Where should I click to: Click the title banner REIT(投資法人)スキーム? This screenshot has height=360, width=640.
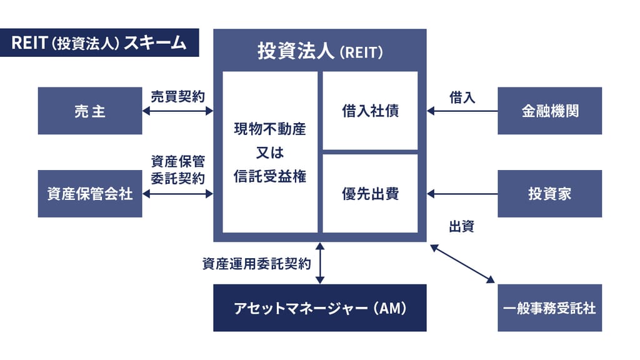click(99, 42)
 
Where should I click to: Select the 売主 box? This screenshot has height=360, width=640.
click(90, 111)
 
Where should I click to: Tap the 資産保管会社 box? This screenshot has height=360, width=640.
click(90, 194)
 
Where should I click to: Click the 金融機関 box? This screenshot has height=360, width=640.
click(549, 111)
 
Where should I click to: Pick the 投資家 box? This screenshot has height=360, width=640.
click(549, 194)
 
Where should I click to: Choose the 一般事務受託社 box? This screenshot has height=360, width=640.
click(549, 308)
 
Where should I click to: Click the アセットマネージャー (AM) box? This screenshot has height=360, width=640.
click(320, 308)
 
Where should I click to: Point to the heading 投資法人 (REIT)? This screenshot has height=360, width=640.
click(320, 51)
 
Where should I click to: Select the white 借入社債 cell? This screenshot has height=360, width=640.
click(370, 111)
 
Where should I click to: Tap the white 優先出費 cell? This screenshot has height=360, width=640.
click(370, 194)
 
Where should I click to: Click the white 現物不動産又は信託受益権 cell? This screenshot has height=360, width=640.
click(270, 152)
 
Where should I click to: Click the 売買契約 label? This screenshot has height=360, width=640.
click(178, 97)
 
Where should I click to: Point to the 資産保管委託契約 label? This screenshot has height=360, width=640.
click(178, 169)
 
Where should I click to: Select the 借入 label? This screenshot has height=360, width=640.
click(462, 97)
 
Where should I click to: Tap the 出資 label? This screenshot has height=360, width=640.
click(462, 226)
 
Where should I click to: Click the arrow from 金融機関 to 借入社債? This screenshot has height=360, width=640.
click(462, 111)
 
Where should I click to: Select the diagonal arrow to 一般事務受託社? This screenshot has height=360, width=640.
click(462, 263)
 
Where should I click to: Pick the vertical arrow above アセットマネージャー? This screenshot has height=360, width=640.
click(320, 263)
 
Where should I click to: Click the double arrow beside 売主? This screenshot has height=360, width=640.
click(178, 111)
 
